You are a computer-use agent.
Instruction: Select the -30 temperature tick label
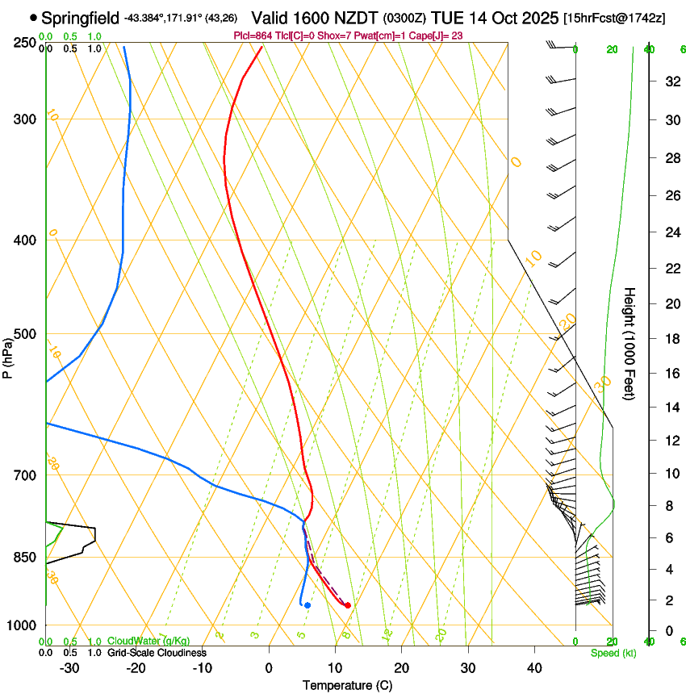coord(69,667)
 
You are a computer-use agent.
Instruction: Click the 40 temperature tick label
coord(533,667)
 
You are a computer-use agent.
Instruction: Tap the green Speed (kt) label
coord(613,653)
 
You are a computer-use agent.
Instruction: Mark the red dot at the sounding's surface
coord(348,605)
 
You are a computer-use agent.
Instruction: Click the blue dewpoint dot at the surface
coord(307,605)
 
